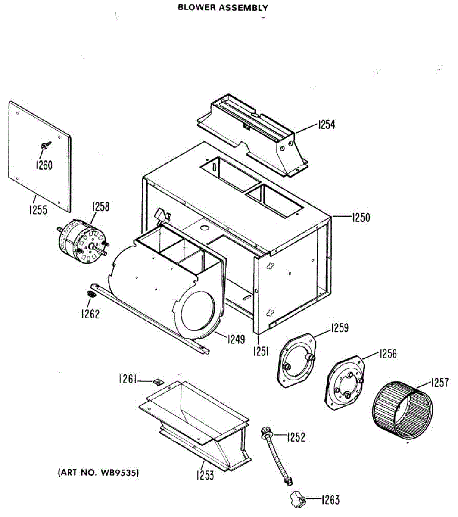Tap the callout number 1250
click(361, 218)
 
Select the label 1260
click(44, 165)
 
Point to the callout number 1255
click(39, 211)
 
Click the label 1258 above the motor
click(100, 207)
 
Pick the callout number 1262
click(90, 314)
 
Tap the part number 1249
click(235, 339)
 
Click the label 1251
click(261, 352)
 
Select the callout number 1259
click(340, 328)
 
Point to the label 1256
click(388, 354)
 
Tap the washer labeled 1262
click(91, 295)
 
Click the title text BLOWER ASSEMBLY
click(223, 8)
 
